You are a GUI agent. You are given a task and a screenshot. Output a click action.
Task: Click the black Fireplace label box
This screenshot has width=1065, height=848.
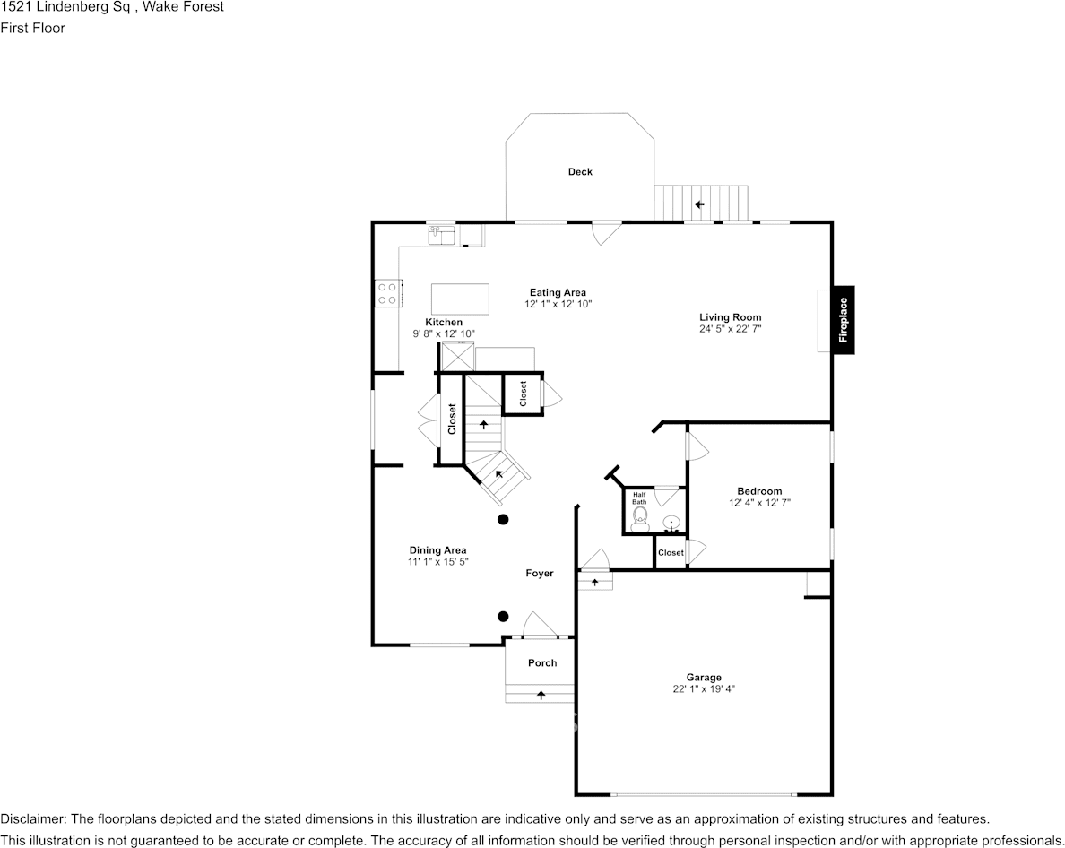click(843, 320)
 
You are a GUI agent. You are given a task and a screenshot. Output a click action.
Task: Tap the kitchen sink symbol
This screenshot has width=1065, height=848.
click(442, 235)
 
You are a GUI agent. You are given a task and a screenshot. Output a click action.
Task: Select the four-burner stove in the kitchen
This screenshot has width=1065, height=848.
click(387, 292)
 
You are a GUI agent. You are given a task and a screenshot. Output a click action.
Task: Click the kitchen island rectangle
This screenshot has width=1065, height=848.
click(461, 299)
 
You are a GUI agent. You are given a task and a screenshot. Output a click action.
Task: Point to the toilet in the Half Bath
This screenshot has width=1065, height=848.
click(639, 518)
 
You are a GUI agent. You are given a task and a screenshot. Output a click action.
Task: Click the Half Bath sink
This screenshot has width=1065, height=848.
click(671, 523)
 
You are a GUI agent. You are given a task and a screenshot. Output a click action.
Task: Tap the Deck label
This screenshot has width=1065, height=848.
click(580, 172)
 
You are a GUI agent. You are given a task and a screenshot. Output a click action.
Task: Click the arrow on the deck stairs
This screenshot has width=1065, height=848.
click(699, 205)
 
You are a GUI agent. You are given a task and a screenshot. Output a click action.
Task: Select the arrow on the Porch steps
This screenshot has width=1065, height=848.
click(541, 694)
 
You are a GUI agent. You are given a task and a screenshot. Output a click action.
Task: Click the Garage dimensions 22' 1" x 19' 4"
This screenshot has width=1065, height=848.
click(704, 689)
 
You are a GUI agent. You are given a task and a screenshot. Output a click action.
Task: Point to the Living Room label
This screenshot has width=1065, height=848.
click(730, 317)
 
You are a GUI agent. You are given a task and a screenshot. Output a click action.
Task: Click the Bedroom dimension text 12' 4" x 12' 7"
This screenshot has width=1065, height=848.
click(759, 503)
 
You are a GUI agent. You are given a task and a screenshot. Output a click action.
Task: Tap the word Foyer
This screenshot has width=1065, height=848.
click(540, 574)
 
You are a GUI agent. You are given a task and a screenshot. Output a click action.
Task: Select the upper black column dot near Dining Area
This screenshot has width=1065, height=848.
click(504, 519)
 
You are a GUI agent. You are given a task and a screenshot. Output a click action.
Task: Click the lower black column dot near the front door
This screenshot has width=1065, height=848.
click(504, 616)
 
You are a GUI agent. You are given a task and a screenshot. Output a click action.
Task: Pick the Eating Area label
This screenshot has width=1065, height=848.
click(558, 292)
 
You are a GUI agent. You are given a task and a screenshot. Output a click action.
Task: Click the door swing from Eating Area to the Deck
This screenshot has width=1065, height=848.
click(606, 232)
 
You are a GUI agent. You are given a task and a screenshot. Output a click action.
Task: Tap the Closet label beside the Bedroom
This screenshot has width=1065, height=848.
click(671, 553)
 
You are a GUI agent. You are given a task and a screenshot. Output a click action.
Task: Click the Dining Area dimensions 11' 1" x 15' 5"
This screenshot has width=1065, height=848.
click(437, 562)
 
